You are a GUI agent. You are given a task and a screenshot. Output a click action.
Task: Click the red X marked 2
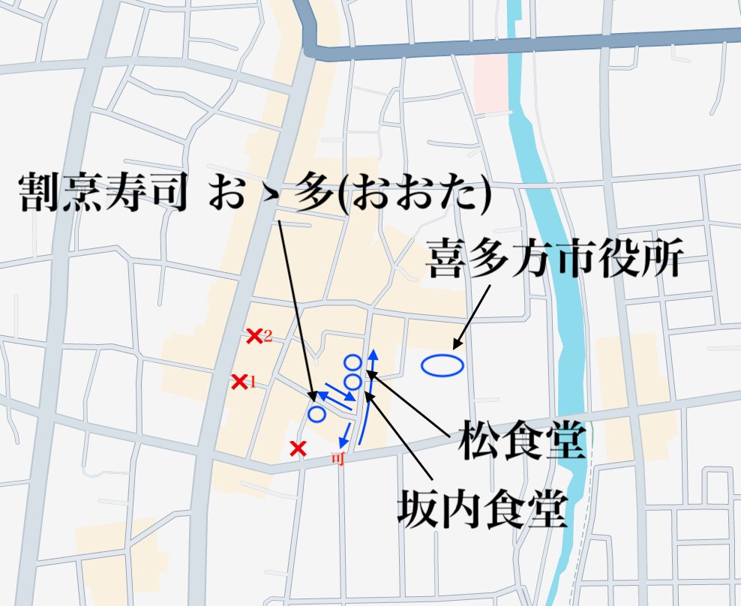(255, 336)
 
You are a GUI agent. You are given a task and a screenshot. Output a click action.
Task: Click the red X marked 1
(239, 382)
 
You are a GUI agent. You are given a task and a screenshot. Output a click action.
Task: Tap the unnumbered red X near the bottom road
(298, 448)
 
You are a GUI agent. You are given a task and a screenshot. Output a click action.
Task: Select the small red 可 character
(337, 459)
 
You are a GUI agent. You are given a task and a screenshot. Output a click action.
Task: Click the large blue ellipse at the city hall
(442, 365)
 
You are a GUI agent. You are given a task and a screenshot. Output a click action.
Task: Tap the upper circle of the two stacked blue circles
(352, 363)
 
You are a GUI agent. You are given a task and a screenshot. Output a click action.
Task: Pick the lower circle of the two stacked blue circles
(352, 382)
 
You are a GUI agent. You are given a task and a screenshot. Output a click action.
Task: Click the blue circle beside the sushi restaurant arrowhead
(316, 413)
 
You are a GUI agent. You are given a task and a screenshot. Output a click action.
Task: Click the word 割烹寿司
(101, 195)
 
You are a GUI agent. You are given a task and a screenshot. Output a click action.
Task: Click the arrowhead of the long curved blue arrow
(373, 353)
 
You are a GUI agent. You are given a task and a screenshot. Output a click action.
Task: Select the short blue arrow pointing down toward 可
(345, 434)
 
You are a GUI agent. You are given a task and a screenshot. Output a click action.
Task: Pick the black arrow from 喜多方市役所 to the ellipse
(472, 315)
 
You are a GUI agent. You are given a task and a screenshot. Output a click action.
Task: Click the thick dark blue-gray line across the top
(525, 43)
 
